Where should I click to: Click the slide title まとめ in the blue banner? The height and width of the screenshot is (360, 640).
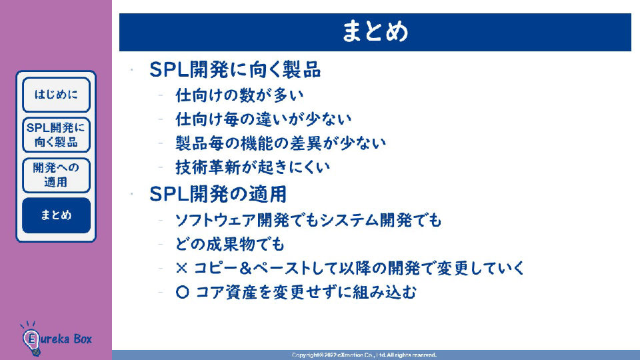[x=375, y=32]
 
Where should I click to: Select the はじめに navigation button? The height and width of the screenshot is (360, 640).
[x=56, y=95]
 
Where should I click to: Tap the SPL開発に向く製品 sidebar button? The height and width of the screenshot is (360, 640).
[x=56, y=135]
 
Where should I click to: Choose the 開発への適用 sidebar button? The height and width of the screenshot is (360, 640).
[x=56, y=175]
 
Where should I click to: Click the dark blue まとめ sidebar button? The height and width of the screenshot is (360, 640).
[x=56, y=215]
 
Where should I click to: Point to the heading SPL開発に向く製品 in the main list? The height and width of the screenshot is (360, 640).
[x=235, y=70]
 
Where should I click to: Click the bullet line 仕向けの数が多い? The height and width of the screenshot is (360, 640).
[x=239, y=95]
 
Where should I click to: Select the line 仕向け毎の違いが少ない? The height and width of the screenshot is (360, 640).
[x=263, y=119]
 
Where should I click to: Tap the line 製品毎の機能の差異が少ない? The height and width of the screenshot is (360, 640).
[x=281, y=143]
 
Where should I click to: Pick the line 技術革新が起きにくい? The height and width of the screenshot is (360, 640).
[x=253, y=167]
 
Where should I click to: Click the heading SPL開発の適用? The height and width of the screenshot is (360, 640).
[x=218, y=194]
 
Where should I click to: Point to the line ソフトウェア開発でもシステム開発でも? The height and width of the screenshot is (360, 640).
[x=308, y=221]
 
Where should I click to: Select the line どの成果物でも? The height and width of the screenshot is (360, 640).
[x=230, y=245]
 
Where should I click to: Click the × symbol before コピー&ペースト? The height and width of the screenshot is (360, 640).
[x=181, y=268]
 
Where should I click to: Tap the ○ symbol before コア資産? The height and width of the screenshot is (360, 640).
[x=183, y=292]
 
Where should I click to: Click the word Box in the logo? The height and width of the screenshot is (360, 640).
[x=83, y=339]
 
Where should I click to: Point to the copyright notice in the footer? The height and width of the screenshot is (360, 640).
[x=364, y=355]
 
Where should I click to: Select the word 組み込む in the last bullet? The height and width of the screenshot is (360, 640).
[x=385, y=292]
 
